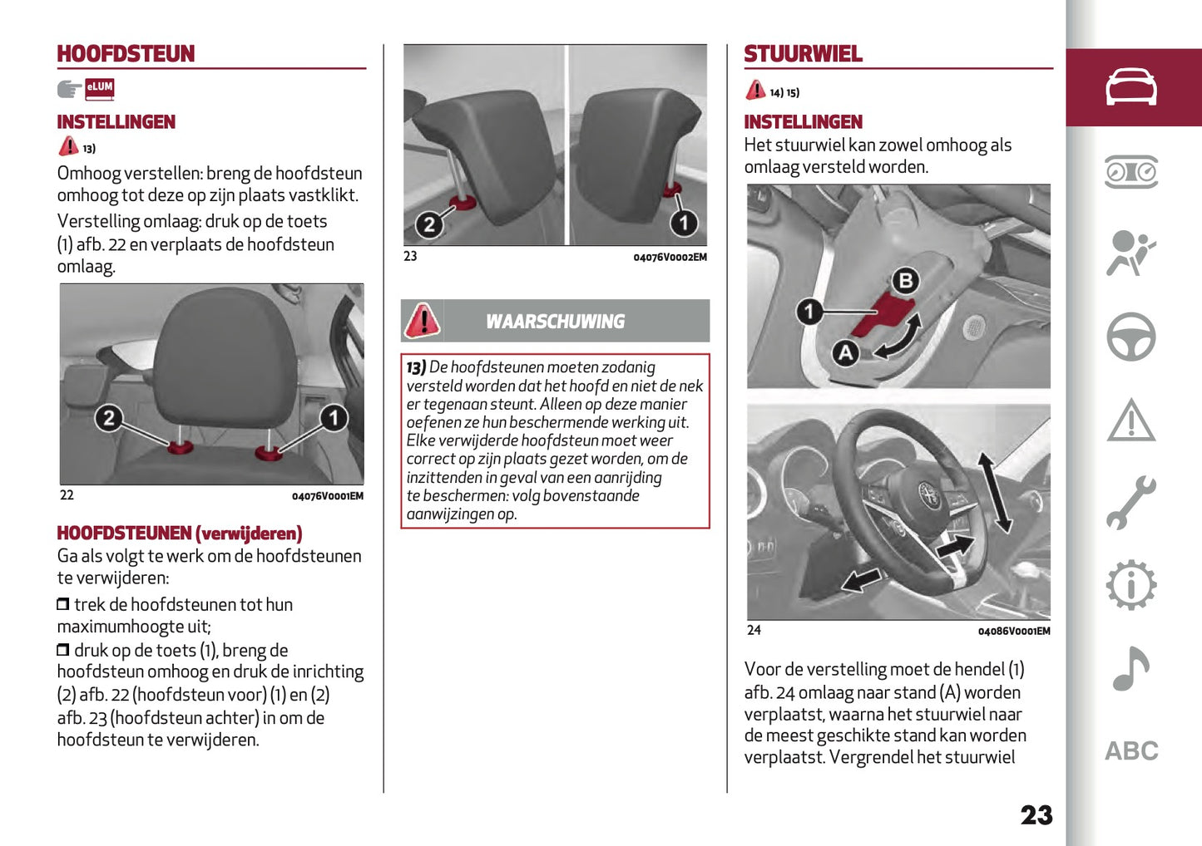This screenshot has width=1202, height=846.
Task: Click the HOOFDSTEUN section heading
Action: coord(126,54)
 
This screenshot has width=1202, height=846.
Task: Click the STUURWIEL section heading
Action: coord(803,54)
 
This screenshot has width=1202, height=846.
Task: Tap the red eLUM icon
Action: coord(99,87)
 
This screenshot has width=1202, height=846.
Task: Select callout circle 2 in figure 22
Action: coord(109,417)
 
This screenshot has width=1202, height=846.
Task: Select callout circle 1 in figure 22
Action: coord(334,417)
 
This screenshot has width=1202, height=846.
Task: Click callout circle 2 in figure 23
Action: coord(429,224)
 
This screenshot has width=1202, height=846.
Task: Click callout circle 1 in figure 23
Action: coord(684,223)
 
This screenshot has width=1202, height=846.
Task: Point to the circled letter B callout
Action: coord(905,281)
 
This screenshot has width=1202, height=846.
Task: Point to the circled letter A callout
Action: coord(845,353)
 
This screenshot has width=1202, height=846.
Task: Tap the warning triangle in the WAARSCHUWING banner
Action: coord(423,321)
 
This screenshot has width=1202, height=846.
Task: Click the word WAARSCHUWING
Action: coord(555,322)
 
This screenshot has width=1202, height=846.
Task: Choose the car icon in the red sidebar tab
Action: coord(1130,87)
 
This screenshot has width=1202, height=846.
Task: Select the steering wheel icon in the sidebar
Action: coord(1130,337)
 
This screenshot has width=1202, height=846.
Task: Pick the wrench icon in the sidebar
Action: coord(1130,503)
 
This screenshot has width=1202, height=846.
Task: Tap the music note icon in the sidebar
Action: coord(1130,669)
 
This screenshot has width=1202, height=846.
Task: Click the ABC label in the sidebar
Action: coord(1130,751)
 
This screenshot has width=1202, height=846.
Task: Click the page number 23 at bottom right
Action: coord(1036,815)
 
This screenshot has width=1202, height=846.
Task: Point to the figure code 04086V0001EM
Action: coord(1013,632)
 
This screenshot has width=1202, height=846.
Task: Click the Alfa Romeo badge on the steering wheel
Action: coord(928,495)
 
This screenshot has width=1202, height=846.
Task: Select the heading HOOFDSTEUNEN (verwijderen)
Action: coord(179,534)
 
